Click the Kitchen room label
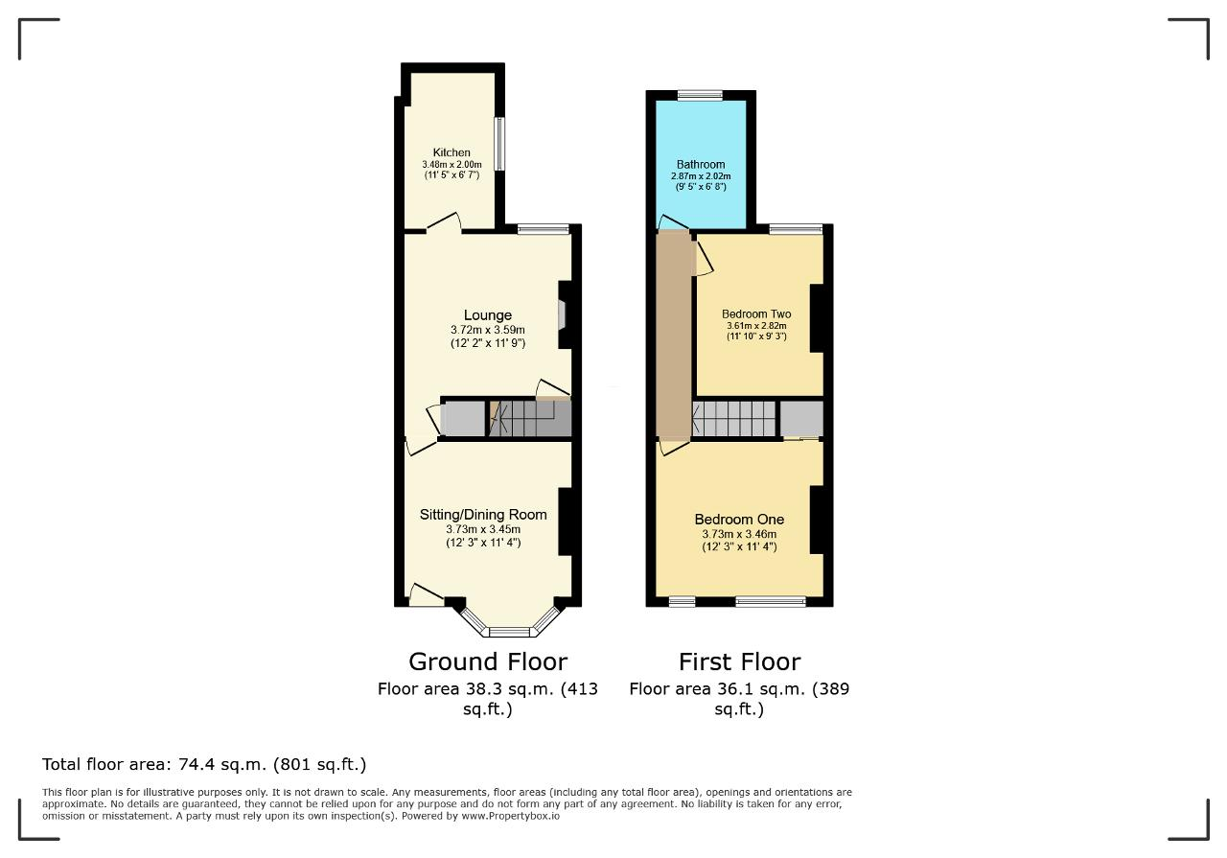pos(451,152)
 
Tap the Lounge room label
pos(488,315)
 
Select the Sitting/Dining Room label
pos(483,515)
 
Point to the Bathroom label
pos(701,164)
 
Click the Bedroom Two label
pos(756,313)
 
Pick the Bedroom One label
pos(739,519)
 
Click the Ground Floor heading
pos(488,661)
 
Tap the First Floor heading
pos(739,661)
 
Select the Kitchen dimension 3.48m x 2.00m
pos(451,164)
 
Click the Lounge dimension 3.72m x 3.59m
pos(488,330)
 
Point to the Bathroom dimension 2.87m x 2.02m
pos(701,176)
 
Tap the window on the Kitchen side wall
pos(499,144)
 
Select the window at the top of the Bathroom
pos(700,95)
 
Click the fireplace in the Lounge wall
pos(562,315)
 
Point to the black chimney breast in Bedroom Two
pos(817,317)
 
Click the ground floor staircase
pos(530,418)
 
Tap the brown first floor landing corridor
pos(674,335)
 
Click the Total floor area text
pos(204,764)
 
